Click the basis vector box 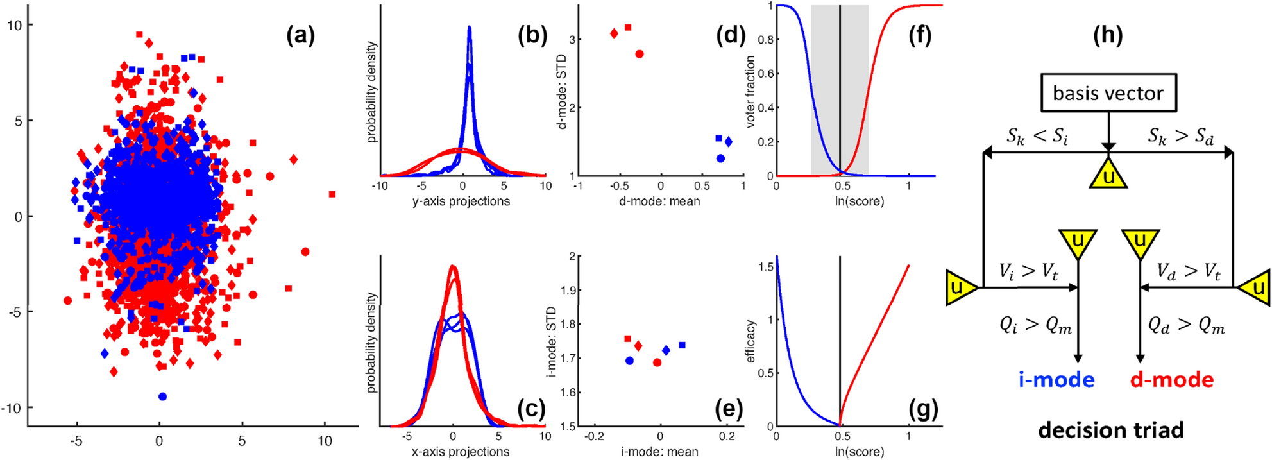click(1108, 93)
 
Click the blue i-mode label click(1056, 380)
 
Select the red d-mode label click(1171, 380)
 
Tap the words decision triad click(1110, 430)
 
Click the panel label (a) click(300, 35)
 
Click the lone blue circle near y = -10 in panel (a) click(162, 396)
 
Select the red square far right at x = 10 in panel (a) click(332, 194)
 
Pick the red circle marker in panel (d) click(639, 54)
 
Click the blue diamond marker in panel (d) click(728, 142)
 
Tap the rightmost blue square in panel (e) click(682, 345)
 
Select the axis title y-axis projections click(461, 201)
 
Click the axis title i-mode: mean click(659, 452)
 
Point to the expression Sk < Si click(1037, 136)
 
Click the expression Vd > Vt click(1188, 271)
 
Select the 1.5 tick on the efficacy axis click(765, 267)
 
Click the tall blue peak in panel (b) click(470, 38)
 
